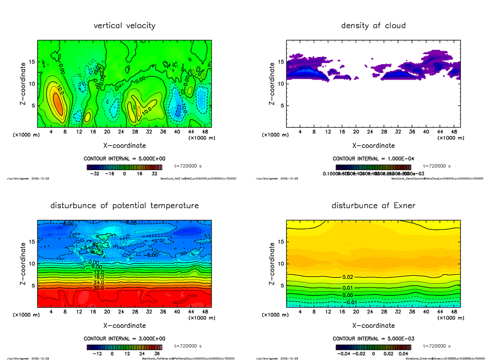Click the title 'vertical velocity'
point(124,26)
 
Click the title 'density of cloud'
point(373,26)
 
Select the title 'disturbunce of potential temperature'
point(124,206)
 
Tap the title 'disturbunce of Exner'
point(373,206)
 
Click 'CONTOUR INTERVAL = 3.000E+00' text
point(124,338)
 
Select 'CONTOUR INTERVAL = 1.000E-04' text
point(373,158)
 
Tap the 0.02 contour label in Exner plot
point(348,277)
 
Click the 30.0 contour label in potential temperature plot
point(99,287)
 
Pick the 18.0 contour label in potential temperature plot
point(99,277)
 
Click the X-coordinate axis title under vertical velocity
point(124,146)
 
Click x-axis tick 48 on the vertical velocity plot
point(205,132)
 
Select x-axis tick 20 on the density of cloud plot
point(356,132)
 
